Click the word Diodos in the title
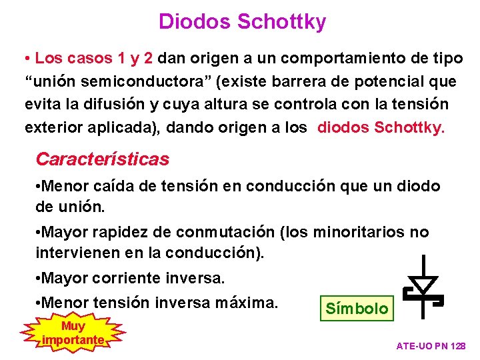pos(195,22)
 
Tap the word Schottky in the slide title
pos(282,22)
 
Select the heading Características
pos(102,159)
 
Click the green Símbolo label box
pos(356,308)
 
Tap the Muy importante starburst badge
pos(73,333)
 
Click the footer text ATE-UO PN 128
pos(431,346)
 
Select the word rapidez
pos(119,233)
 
